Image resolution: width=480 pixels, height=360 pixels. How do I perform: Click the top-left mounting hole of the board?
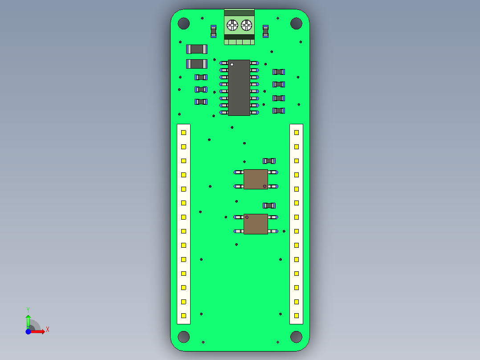click(x=183, y=24)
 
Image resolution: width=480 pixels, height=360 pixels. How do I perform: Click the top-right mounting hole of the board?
click(x=296, y=24)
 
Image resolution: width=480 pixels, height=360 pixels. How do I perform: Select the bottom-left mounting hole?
click(x=183, y=337)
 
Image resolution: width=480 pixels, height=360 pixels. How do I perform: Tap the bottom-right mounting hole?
click(x=296, y=337)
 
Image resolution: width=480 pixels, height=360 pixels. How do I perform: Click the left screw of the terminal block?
click(x=232, y=25)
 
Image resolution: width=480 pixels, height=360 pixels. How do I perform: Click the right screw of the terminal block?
click(x=246, y=25)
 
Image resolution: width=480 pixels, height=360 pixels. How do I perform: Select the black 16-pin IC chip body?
click(x=239, y=88)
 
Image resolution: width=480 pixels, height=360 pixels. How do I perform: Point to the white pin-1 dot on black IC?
click(x=232, y=65)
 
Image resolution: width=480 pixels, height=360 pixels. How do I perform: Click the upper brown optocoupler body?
click(x=256, y=179)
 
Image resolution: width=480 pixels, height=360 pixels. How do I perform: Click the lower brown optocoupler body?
click(x=256, y=224)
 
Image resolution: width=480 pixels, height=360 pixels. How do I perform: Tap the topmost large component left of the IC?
click(x=196, y=49)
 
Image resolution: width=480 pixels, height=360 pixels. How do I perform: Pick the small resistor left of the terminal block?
click(x=213, y=31)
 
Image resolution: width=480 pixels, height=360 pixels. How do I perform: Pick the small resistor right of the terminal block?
click(x=266, y=31)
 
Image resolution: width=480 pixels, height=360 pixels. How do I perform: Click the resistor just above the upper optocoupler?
click(x=269, y=161)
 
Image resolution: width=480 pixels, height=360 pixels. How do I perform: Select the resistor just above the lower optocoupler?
click(x=269, y=205)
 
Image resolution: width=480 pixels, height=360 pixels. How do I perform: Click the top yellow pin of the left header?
click(x=183, y=132)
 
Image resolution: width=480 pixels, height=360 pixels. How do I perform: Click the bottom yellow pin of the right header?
click(x=296, y=315)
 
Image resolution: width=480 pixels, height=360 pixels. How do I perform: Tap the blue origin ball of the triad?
click(x=28, y=331)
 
